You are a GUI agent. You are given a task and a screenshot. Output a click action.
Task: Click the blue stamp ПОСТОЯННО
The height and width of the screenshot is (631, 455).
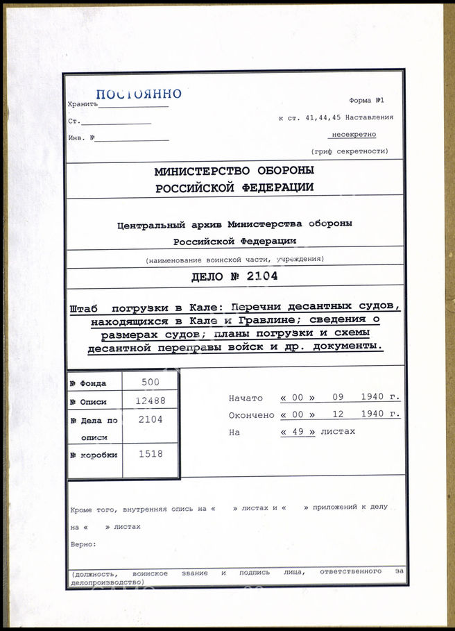[138, 94]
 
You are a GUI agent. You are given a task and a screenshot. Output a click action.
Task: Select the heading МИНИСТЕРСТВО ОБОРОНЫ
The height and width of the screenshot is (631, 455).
[234, 171]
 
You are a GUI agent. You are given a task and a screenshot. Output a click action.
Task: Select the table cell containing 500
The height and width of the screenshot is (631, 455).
[150, 382]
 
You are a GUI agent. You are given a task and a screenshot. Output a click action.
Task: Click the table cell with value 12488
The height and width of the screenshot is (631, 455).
[150, 401]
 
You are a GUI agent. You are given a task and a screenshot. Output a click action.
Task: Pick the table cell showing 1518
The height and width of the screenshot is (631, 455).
[150, 454]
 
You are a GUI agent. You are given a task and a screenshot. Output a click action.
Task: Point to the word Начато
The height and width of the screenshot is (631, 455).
[246, 398]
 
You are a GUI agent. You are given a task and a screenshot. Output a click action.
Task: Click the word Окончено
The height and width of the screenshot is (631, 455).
[250, 414]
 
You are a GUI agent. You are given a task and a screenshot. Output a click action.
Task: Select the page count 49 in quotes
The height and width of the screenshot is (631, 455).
[297, 431]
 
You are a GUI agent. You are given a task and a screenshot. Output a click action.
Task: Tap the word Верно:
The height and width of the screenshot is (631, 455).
[83, 544]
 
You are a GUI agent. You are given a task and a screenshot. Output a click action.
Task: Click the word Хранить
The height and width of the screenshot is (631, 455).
[80, 104]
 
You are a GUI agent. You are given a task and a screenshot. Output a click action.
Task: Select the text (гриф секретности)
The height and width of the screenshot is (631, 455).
[350, 151]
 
